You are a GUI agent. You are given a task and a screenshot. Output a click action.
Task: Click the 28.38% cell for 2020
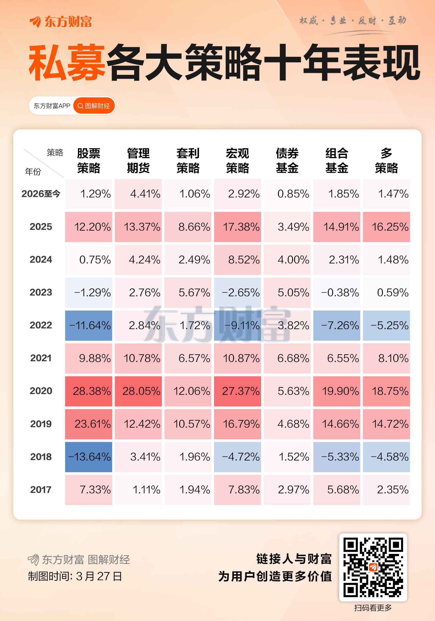(89, 391)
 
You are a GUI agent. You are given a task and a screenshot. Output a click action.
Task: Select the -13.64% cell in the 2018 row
(89, 457)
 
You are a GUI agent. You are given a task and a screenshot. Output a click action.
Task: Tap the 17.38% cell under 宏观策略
(237, 227)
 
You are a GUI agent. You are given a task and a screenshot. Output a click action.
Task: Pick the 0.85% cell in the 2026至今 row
(287, 194)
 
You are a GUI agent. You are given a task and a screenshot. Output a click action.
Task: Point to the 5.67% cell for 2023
(188, 293)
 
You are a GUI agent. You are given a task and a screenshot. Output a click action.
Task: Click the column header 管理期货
(138, 161)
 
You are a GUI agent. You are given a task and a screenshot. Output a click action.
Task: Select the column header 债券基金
(287, 161)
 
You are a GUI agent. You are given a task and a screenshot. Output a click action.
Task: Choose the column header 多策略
(386, 161)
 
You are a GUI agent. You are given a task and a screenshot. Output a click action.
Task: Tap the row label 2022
(41, 325)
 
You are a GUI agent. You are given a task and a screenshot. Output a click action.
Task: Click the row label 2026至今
(41, 194)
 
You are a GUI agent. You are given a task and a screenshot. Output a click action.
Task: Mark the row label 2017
(41, 490)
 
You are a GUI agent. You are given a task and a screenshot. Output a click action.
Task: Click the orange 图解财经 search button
(94, 106)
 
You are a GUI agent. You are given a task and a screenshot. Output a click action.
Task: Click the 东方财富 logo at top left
(61, 21)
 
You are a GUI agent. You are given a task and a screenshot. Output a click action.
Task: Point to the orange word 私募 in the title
(67, 63)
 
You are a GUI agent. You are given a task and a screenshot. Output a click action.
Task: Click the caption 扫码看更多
(373, 608)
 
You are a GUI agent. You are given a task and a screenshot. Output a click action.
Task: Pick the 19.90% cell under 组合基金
(336, 391)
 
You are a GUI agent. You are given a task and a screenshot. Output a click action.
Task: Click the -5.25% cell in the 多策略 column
(386, 325)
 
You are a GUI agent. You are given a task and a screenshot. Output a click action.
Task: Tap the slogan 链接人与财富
(294, 559)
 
